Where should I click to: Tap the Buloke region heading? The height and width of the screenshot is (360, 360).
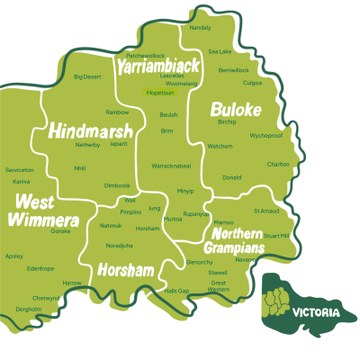tap(235, 109)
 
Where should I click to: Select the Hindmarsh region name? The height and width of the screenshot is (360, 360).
tap(91, 130)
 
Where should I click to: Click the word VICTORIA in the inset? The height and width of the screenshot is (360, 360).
tap(316, 312)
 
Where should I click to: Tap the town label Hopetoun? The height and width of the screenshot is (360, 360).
tap(159, 92)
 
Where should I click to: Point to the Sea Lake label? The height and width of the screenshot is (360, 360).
tap(220, 51)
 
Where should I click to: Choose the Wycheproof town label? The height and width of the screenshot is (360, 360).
tap(265, 135)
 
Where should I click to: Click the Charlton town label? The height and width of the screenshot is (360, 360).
tap(278, 164)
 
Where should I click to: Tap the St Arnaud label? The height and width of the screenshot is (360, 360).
tap(267, 211)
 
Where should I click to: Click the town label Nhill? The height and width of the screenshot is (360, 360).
tap(80, 167)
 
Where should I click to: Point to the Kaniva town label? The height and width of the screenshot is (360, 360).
tap(21, 181)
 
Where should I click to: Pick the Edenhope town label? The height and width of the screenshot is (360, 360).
tap(40, 268)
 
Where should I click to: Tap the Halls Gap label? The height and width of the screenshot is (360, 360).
tap(177, 292)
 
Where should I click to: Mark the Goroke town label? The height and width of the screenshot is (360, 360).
tap(61, 231)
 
